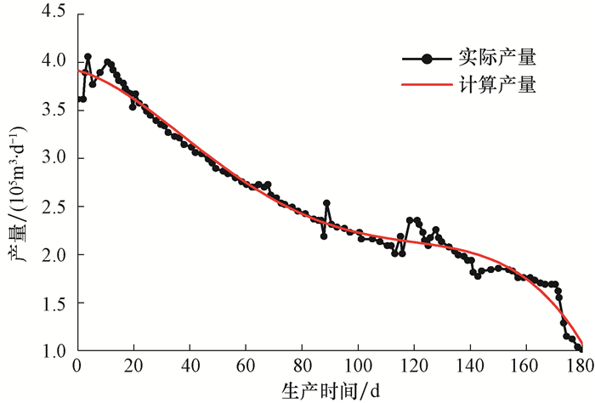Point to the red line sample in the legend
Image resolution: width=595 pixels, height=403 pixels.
[x=428, y=85]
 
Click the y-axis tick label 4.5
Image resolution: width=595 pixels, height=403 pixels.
[x=52, y=13]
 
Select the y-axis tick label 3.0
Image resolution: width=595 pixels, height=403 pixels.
[x=52, y=158]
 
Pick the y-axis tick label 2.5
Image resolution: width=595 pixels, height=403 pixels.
[x=52, y=207]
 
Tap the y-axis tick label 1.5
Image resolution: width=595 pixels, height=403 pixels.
[x=52, y=303]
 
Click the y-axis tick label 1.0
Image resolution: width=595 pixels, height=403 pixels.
[x=52, y=351]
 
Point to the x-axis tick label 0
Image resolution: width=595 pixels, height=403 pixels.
[x=77, y=367]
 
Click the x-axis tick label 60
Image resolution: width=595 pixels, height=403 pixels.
[x=246, y=367]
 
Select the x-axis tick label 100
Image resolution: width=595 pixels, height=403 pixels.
[x=358, y=367]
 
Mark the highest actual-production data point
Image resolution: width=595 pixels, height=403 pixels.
[x=88, y=56]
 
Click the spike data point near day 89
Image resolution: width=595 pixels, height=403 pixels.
[x=326, y=203]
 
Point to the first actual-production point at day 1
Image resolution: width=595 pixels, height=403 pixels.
[x=80, y=99]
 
